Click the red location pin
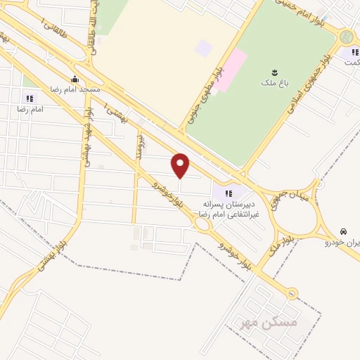[x=181, y=165]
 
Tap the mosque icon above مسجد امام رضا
[x=75, y=79]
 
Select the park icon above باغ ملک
[x=274, y=72]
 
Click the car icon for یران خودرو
[x=343, y=231]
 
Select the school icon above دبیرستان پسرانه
[x=228, y=193]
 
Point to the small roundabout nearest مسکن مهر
[x=290, y=294]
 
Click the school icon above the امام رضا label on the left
[x=30, y=98]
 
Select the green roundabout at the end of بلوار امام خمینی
[x=345, y=37]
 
